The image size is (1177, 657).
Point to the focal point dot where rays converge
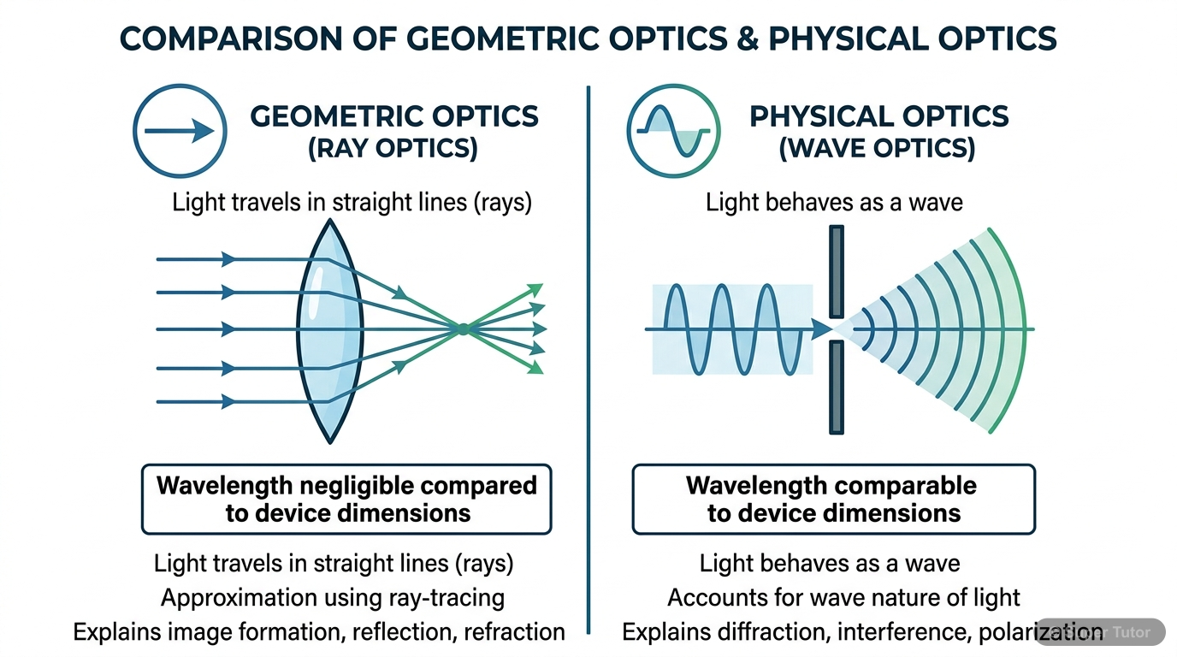pyautogui.click(x=462, y=328)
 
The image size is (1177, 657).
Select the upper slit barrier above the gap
pyautogui.click(x=837, y=271)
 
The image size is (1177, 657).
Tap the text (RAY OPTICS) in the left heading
pyautogui.click(x=393, y=148)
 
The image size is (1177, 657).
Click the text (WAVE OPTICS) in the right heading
pyautogui.click(x=878, y=148)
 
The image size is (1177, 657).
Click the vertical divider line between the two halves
pyautogui.click(x=588, y=359)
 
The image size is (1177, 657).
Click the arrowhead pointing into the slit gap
pyautogui.click(x=822, y=328)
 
